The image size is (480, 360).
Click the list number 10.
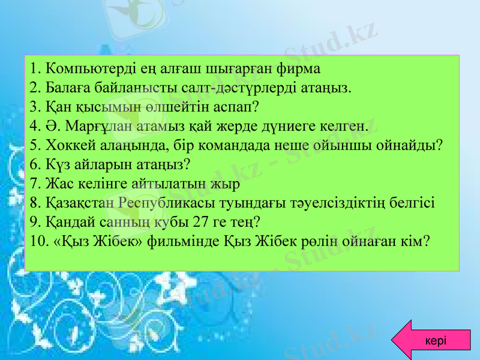click(37, 241)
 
